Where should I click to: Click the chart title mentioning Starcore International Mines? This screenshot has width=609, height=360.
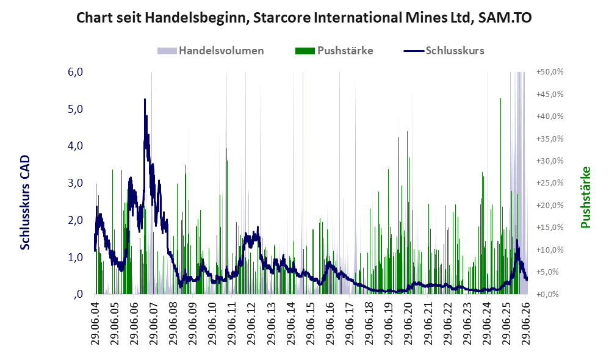tap(304, 18)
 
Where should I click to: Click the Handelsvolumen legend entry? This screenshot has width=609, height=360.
tap(211, 51)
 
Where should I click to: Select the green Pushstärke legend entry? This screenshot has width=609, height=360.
tap(334, 51)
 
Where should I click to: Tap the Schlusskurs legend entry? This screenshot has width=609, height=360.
tap(444, 51)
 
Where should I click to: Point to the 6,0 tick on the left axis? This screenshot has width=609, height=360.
tap(75, 72)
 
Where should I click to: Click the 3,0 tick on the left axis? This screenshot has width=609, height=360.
tap(75, 183)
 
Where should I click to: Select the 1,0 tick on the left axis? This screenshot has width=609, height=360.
tap(75, 257)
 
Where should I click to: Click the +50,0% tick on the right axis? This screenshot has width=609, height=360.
tap(550, 72)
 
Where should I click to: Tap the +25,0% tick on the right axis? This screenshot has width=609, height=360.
tap(550, 183)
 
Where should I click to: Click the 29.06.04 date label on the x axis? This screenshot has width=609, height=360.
tap(95, 320)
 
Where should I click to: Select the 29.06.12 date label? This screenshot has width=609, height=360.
tap(251, 320)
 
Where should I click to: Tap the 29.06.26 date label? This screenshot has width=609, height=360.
tap(526, 320)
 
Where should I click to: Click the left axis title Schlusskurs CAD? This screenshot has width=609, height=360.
tap(25, 203)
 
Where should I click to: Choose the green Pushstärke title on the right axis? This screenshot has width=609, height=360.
tap(585, 197)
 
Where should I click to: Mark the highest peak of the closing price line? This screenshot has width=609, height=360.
tap(145, 99)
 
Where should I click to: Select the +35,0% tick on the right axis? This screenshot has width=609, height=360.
tap(550, 139)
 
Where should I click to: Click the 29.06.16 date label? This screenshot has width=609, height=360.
tap(330, 320)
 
